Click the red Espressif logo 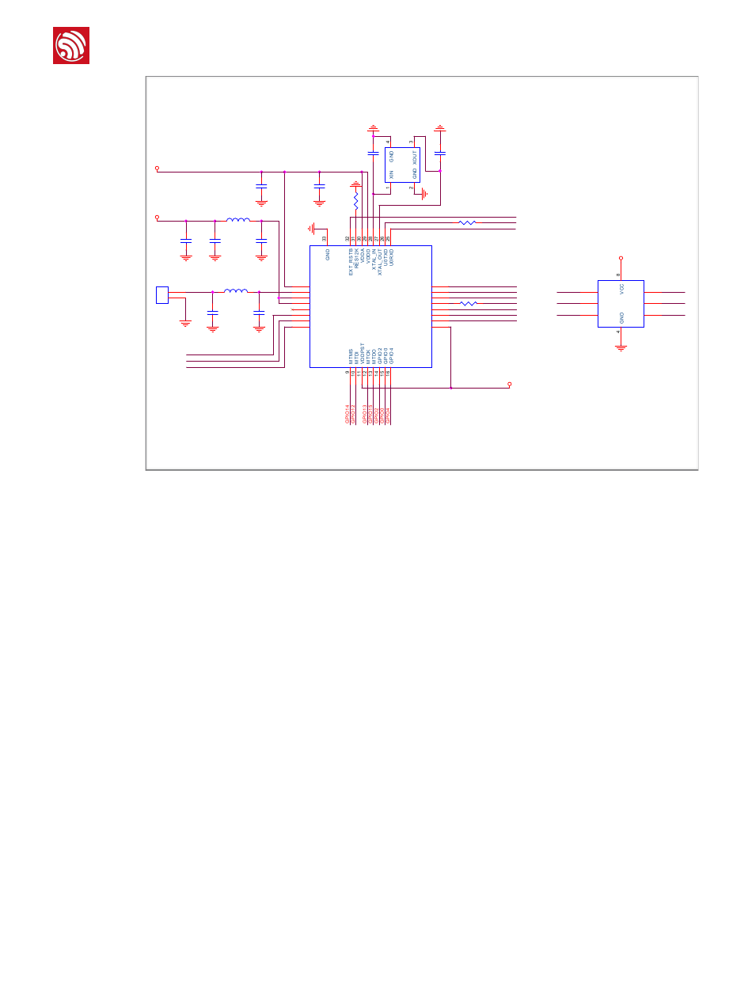point(71,45)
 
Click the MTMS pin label point(349,355)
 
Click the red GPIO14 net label point(348,415)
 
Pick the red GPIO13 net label point(364,415)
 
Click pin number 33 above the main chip point(324,239)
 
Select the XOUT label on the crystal point(414,157)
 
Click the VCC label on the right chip point(622,290)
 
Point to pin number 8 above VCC point(618,275)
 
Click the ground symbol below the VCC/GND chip point(621,347)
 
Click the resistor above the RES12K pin point(356,201)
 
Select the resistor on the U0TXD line point(467,223)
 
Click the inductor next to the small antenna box point(235,291)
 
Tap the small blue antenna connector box point(162,294)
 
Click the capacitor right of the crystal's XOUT point(440,152)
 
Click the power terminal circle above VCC point(621,258)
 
